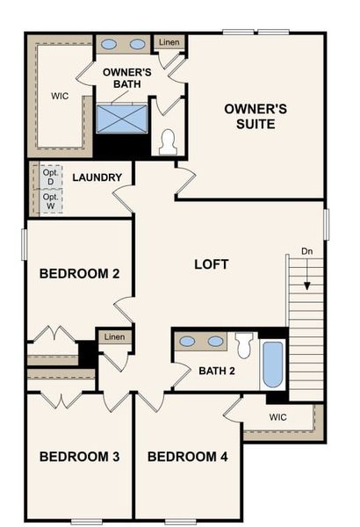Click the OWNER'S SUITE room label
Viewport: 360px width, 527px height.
coord(256,116)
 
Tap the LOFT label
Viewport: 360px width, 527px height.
coord(211,263)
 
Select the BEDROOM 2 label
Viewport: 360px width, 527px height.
coord(79,273)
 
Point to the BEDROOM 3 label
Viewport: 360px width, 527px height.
coord(79,457)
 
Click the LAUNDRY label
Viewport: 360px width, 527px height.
coord(97,177)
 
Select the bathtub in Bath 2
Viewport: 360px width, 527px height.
coord(273,364)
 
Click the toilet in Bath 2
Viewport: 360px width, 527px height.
coord(243,348)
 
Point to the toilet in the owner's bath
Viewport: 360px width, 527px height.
coord(168,140)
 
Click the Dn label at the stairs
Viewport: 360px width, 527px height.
coord(306,251)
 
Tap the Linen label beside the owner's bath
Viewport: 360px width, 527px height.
coord(169,42)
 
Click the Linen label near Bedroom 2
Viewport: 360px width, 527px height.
coord(114,337)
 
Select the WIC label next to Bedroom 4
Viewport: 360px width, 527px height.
coord(277,417)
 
